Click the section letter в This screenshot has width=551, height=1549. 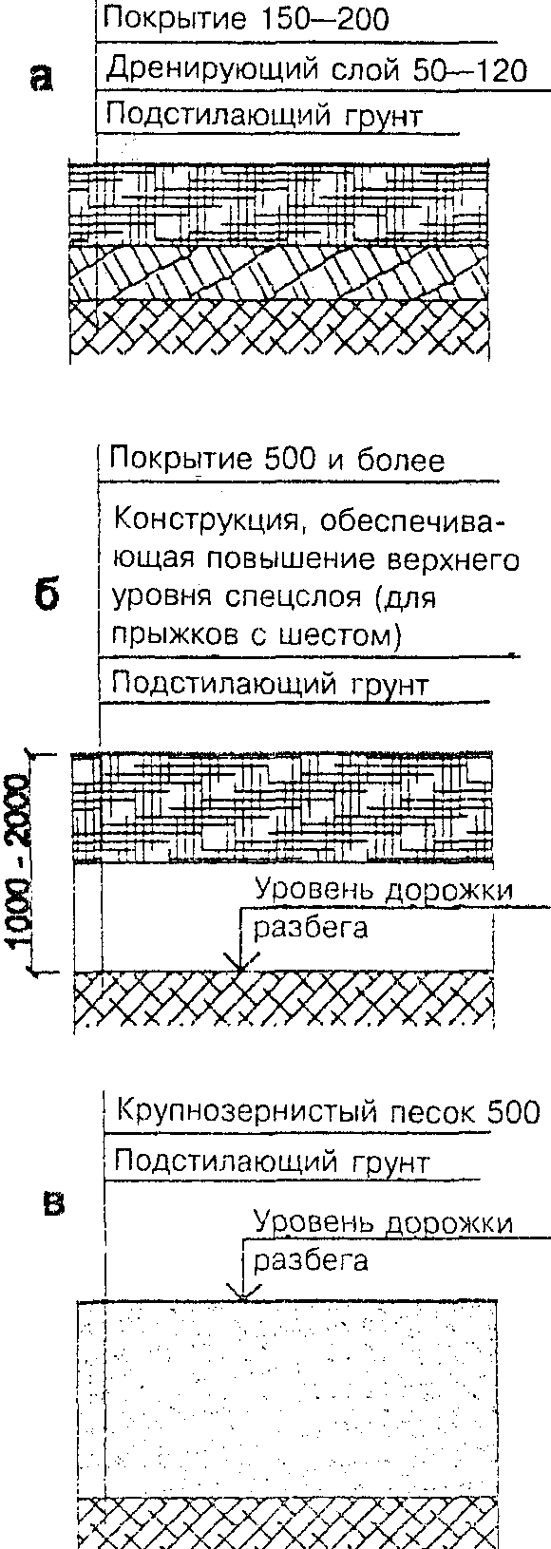tap(54, 1203)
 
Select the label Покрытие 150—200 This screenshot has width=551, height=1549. tap(245, 19)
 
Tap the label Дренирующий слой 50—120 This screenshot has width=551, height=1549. tap(317, 70)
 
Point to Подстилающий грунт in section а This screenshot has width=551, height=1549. tap(261, 115)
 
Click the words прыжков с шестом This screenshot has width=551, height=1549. tap(256, 634)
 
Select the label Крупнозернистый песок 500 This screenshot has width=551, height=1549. tap(328, 1112)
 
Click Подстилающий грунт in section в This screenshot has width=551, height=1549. tap(271, 1162)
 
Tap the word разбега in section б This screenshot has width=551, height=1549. tap(311, 928)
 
